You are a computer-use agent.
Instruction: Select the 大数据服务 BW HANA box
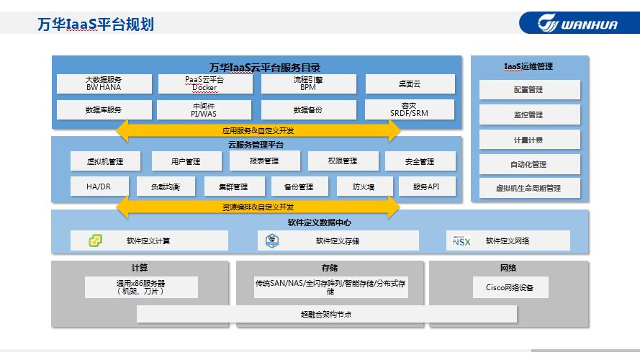(104, 84)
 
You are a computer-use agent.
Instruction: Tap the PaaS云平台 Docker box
(204, 84)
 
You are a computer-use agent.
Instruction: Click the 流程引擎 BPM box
(307, 84)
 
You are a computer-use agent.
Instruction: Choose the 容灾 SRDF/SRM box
(410, 109)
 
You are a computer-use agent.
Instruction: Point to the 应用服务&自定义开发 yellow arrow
(258, 130)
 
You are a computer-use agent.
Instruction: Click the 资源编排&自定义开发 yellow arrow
(258, 207)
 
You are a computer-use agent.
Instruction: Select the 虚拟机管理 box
(105, 161)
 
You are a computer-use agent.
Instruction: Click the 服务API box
(426, 186)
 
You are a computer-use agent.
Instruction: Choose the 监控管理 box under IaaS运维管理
(529, 114)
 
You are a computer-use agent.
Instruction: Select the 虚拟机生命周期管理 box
(529, 188)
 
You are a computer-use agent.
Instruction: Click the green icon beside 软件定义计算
(95, 240)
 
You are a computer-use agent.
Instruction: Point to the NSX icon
(461, 240)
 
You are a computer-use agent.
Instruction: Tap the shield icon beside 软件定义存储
(271, 240)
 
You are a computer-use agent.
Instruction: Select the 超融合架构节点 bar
(326, 314)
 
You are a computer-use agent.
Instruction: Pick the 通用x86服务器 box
(141, 287)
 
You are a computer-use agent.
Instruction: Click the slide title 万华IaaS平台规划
(95, 24)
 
